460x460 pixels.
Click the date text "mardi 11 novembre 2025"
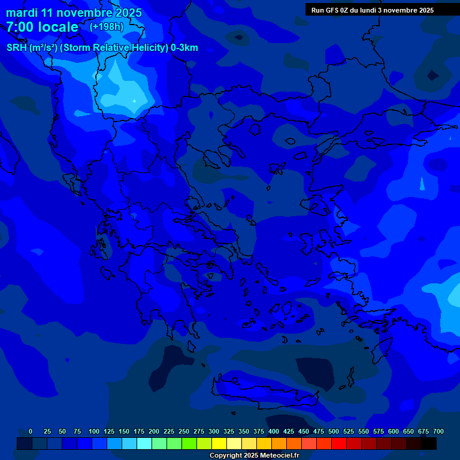[74, 13]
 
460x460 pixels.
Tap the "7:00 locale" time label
[42, 27]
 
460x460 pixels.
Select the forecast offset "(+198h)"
[106, 27]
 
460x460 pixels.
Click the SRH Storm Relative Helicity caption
[102, 48]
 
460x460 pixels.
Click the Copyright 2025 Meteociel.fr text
[254, 455]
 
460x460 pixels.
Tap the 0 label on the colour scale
[30, 431]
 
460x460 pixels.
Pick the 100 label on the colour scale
[93, 431]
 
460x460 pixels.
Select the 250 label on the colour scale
[183, 431]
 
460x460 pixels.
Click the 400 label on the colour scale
[273, 431]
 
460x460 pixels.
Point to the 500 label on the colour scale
[333, 431]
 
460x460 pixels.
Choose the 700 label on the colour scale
[438, 431]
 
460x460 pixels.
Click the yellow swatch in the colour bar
[219, 443]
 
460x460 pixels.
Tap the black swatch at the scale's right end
[429, 443]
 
